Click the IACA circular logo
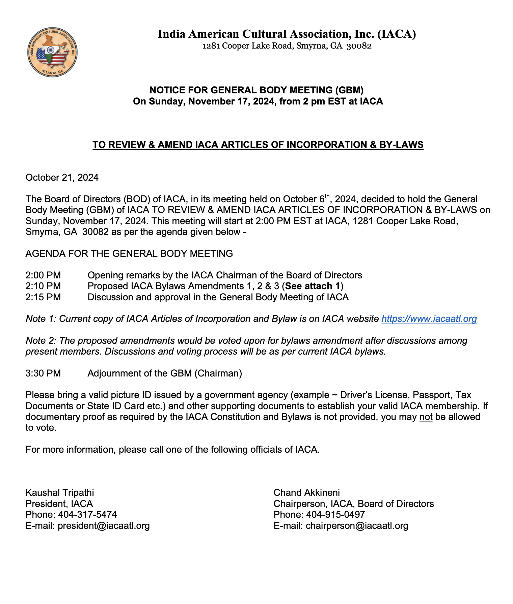click(x=52, y=52)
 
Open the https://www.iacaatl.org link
click(x=429, y=319)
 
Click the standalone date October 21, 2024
click(x=62, y=178)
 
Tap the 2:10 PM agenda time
click(x=43, y=286)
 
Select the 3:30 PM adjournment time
click(x=43, y=373)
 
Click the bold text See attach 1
click(x=313, y=286)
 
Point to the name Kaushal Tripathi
click(x=60, y=493)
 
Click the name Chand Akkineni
click(x=306, y=493)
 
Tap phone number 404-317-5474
click(x=87, y=515)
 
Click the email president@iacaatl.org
click(x=104, y=526)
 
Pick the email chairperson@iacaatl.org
click(x=357, y=526)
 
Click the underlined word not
click(x=426, y=417)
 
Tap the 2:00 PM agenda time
click(x=43, y=275)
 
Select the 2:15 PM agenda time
click(x=43, y=297)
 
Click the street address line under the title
click(x=287, y=46)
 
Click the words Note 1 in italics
click(x=40, y=319)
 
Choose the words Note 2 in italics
click(x=40, y=341)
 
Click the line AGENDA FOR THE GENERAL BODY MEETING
click(x=129, y=253)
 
